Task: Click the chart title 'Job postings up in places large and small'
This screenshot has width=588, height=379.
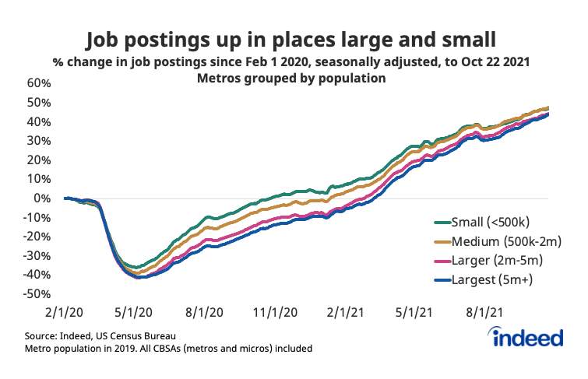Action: [x=294, y=38]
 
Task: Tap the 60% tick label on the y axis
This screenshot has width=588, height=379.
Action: [x=38, y=83]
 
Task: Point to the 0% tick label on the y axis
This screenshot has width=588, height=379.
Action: [x=43, y=198]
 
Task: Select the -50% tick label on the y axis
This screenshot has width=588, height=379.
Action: [x=37, y=294]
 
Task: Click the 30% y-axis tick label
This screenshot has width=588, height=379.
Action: [x=38, y=141]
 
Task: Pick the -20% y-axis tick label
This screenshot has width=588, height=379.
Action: [x=37, y=237]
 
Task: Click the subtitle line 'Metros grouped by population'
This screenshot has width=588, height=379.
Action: [x=294, y=78]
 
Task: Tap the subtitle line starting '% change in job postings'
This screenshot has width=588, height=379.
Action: [x=294, y=61]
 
